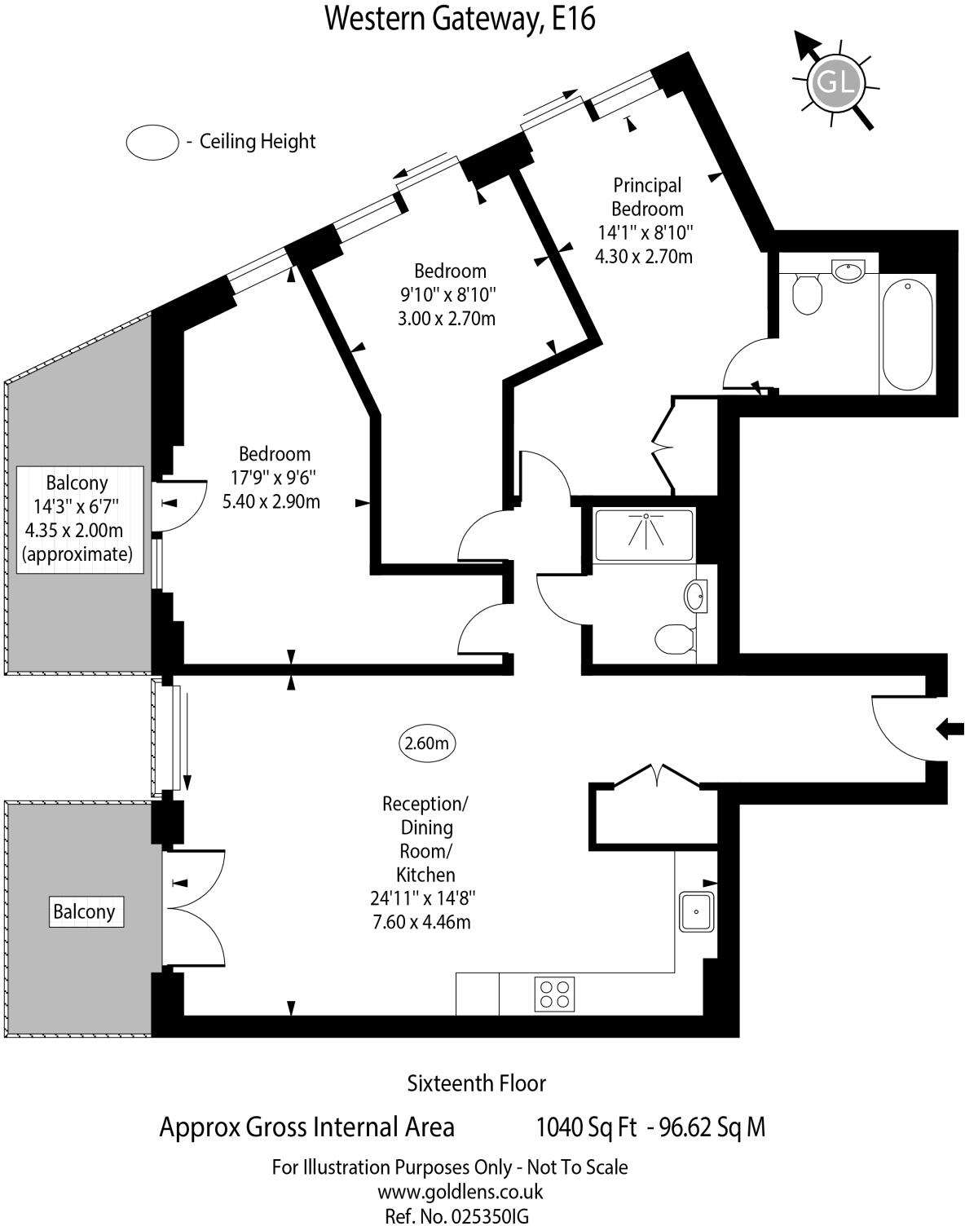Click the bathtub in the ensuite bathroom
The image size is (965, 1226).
tap(907, 334)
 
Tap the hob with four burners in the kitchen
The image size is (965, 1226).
tap(555, 994)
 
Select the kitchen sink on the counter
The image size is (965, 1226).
tap(696, 911)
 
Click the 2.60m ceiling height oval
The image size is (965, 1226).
tap(427, 743)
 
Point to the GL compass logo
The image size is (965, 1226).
tap(835, 82)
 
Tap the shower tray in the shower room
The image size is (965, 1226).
tap(644, 534)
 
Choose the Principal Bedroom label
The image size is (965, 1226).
tap(647, 197)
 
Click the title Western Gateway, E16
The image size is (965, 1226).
tap(460, 18)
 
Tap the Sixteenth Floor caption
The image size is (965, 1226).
tap(476, 1083)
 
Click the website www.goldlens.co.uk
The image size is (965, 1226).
tap(460, 1192)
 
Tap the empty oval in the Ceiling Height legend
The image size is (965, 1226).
tap(152, 142)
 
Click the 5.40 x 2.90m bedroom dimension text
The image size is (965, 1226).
tap(271, 501)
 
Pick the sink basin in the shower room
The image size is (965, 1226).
tap(697, 595)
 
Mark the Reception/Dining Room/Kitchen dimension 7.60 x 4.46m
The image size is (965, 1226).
tap(421, 922)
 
